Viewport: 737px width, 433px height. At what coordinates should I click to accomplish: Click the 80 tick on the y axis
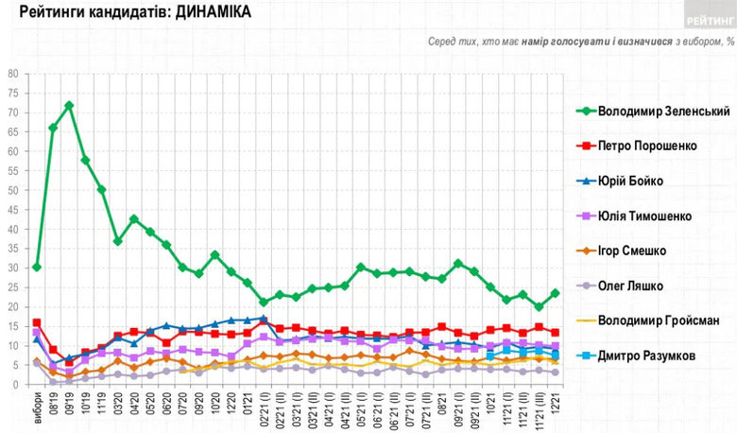click(13, 74)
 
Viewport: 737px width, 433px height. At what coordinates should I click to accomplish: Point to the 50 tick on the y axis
click(13, 190)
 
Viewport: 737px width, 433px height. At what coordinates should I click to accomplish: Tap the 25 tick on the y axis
click(13, 287)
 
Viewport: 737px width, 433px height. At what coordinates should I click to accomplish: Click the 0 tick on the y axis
click(16, 385)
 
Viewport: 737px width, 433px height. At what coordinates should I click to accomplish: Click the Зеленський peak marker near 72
click(69, 105)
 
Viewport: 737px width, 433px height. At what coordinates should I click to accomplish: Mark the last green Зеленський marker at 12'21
click(555, 293)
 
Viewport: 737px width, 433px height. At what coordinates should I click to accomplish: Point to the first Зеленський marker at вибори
click(37, 268)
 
